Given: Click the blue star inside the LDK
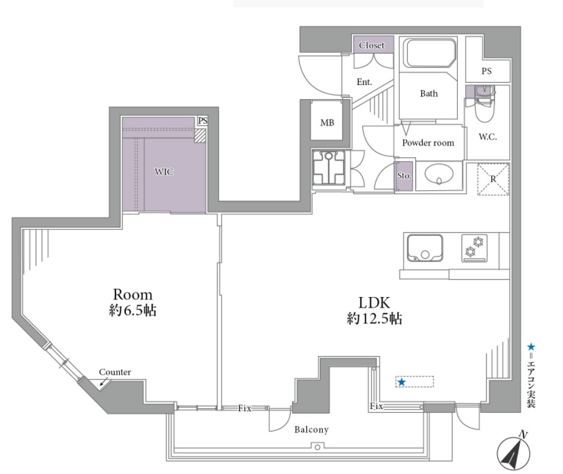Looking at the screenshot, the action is [x=401, y=382].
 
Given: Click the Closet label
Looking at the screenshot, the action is [x=371, y=46].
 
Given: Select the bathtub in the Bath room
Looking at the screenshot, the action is [x=430, y=53].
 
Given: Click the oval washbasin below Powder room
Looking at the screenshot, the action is [x=438, y=175].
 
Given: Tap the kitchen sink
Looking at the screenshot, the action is [x=425, y=249].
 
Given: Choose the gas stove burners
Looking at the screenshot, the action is [x=474, y=248].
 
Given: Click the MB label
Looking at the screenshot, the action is [x=327, y=123].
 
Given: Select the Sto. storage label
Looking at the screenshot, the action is [x=404, y=176].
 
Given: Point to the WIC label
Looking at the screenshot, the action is [x=164, y=172].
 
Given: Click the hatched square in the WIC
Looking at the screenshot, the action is [x=199, y=136].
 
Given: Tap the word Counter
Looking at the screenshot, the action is [x=115, y=372].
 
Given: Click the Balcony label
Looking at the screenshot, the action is [x=311, y=430].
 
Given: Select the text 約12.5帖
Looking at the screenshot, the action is [x=374, y=318].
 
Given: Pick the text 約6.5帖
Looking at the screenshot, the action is [x=133, y=311].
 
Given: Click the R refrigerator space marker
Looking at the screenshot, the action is [x=493, y=179].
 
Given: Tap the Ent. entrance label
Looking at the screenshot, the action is [x=364, y=82].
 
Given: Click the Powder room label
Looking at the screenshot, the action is [x=428, y=143].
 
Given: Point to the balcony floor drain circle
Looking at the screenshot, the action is [x=317, y=447].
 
